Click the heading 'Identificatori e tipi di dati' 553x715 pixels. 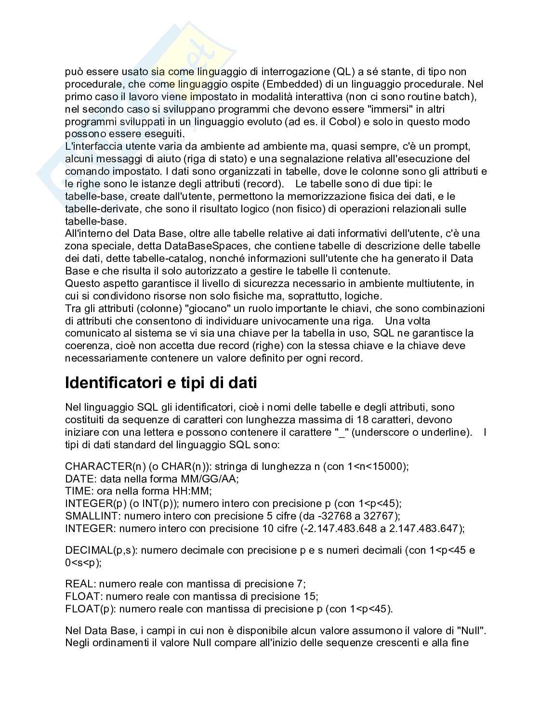[x=161, y=383]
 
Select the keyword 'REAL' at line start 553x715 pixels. [x=79, y=584]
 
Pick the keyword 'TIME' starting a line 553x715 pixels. [x=77, y=492]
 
